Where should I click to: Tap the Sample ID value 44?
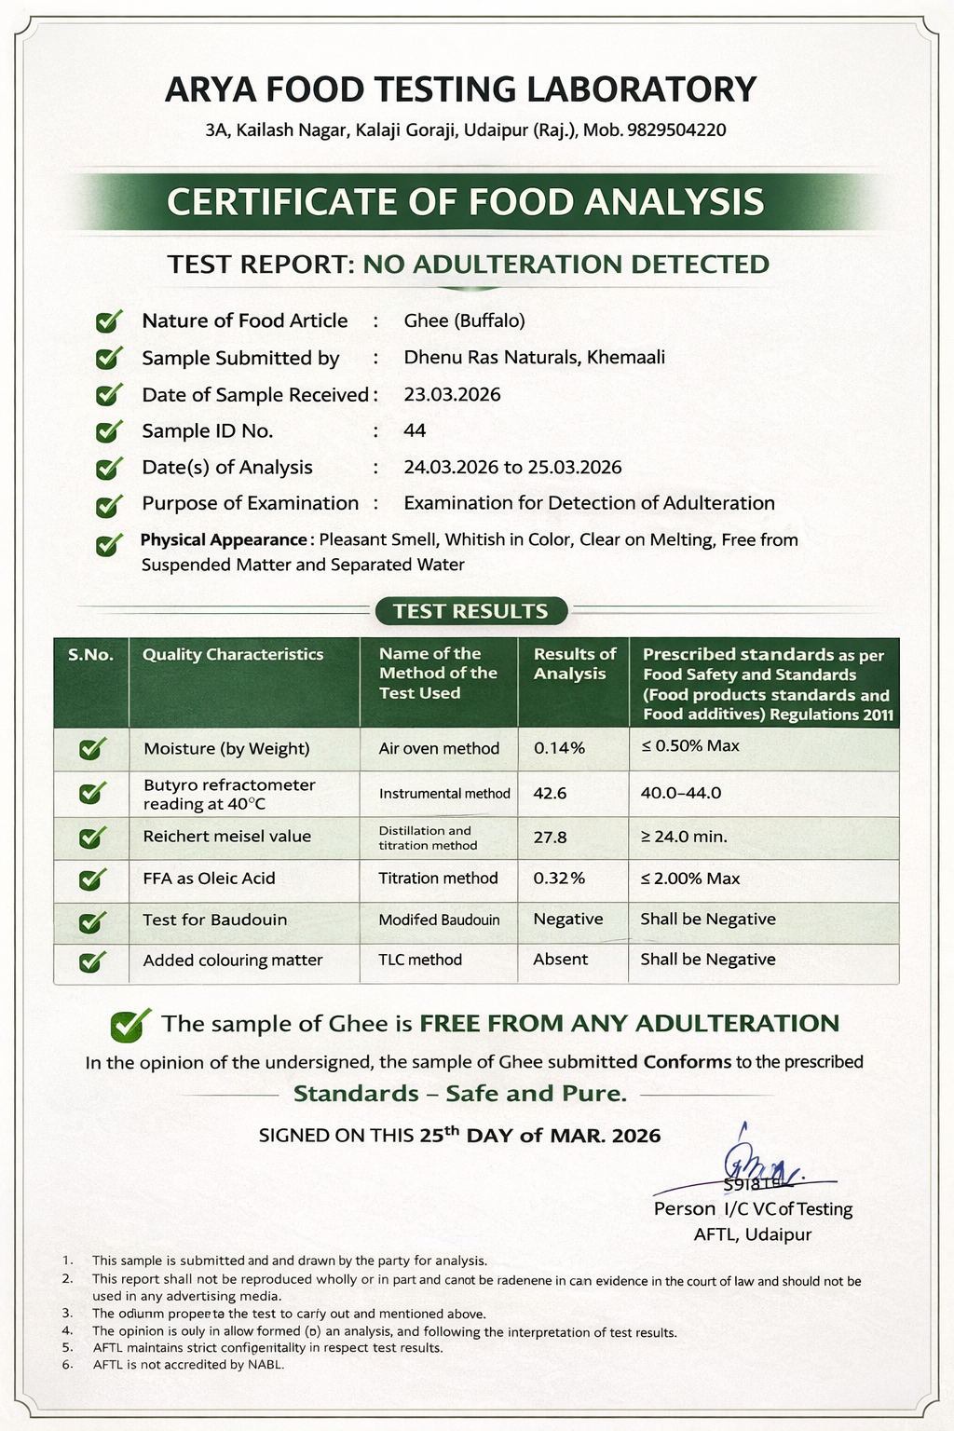point(415,430)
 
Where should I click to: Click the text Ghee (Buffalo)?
point(464,320)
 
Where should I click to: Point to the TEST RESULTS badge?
point(470,611)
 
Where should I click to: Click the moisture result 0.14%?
point(559,748)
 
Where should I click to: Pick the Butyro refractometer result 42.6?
point(550,793)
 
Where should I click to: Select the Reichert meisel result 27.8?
point(550,837)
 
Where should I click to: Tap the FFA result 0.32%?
point(559,878)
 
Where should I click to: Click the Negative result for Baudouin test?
point(567,919)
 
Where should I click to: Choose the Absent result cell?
point(560,960)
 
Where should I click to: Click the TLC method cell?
point(420,960)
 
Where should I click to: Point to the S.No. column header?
point(90,655)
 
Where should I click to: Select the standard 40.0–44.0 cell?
point(681,793)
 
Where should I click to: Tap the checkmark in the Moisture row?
point(91,748)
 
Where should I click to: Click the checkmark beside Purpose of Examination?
point(109,505)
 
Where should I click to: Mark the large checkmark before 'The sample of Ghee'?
point(130,1024)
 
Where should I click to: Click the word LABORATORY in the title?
point(642,89)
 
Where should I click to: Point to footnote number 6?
point(67,1365)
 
